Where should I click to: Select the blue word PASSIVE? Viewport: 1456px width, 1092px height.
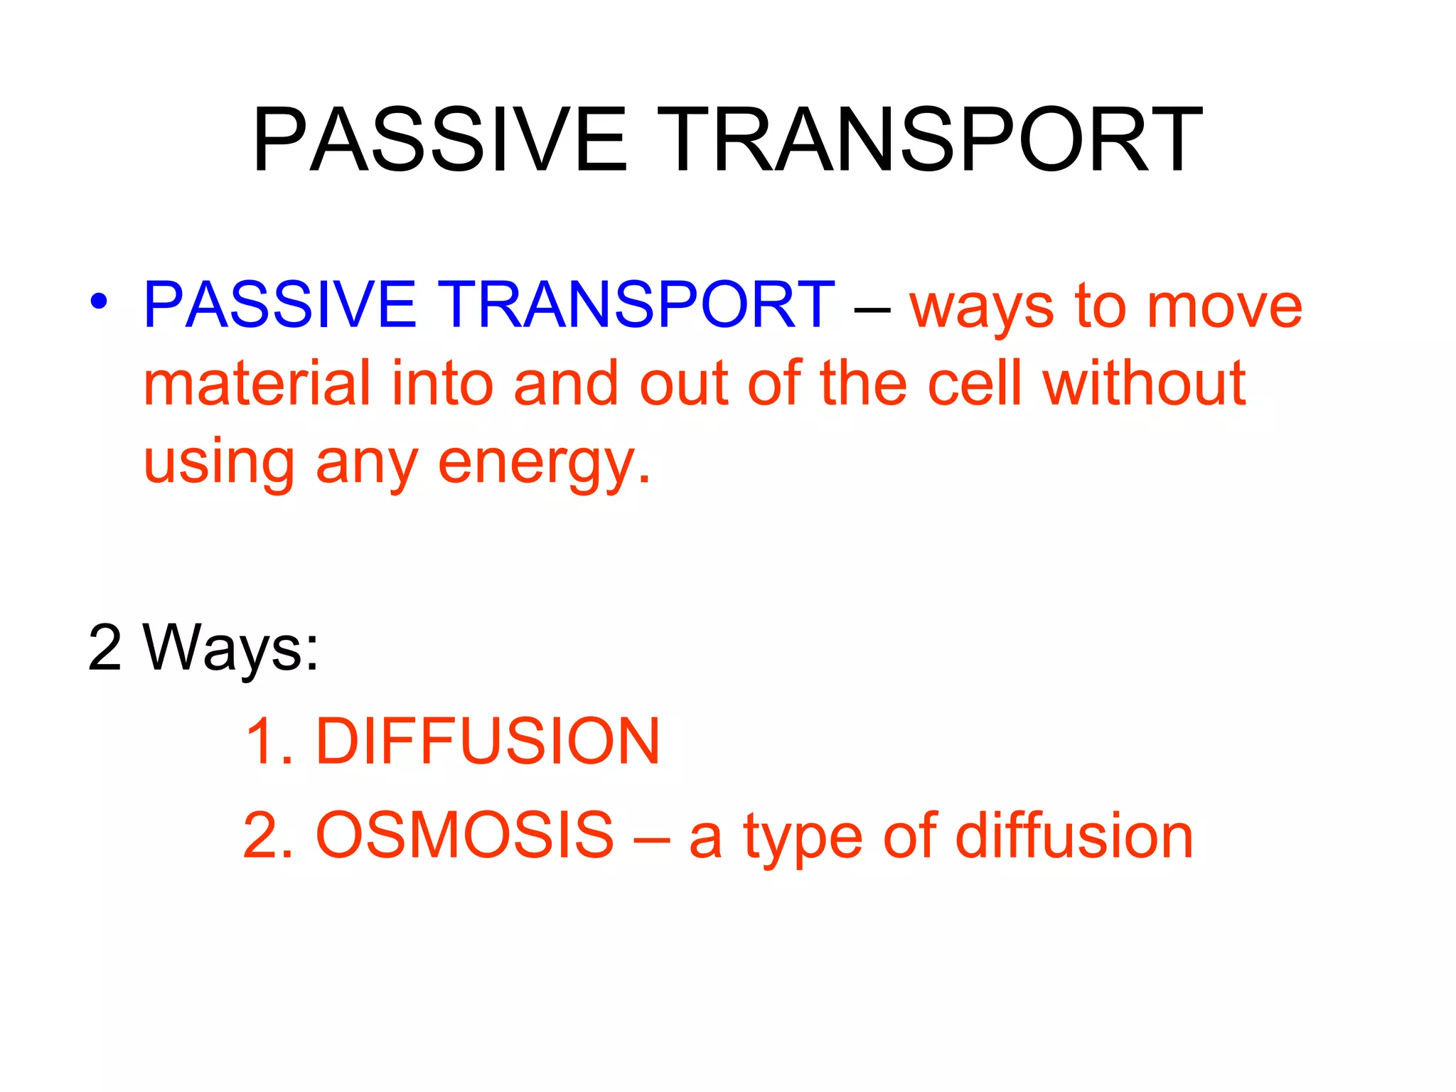[279, 305]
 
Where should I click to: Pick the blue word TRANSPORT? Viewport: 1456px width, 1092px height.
[636, 305]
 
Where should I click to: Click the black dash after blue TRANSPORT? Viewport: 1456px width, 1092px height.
[872, 310]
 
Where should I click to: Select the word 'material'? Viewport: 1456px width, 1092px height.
[257, 384]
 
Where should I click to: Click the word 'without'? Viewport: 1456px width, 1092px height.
[1144, 384]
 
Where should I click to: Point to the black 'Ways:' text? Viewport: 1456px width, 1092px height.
[231, 648]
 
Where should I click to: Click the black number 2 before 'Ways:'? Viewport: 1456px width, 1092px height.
[105, 648]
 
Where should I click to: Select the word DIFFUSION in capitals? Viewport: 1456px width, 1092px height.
[488, 742]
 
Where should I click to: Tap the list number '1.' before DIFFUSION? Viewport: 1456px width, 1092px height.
[269, 742]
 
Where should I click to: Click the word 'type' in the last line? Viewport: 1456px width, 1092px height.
[803, 839]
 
